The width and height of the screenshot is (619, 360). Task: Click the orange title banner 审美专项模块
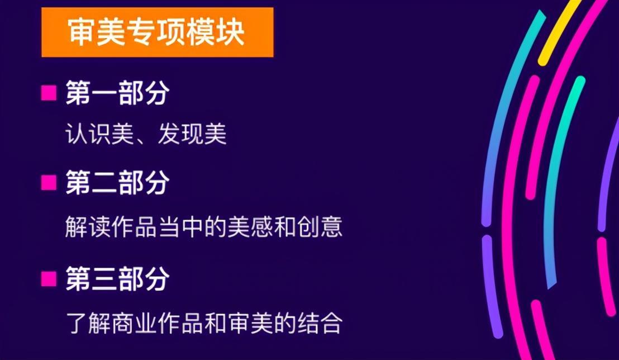pyautogui.click(x=157, y=32)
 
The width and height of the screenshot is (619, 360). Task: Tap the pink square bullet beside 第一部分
pyautogui.click(x=49, y=93)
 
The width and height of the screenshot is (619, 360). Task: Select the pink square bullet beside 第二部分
pyautogui.click(x=49, y=183)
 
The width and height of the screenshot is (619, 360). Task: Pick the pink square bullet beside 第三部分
pyautogui.click(x=49, y=278)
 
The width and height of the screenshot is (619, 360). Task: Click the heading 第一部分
pyautogui.click(x=118, y=93)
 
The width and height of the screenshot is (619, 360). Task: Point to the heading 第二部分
pyautogui.click(x=118, y=183)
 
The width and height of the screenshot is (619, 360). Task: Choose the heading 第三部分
pyautogui.click(x=118, y=278)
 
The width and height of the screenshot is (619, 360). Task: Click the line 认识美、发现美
pyautogui.click(x=146, y=134)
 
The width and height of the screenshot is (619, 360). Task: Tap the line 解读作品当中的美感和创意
pyautogui.click(x=204, y=226)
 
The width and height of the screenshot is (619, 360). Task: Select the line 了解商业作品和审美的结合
pyautogui.click(x=204, y=323)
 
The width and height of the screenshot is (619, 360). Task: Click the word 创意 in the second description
pyautogui.click(x=320, y=226)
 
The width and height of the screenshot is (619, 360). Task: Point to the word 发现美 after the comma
pyautogui.click(x=192, y=134)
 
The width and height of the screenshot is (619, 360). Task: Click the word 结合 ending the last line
pyautogui.click(x=320, y=323)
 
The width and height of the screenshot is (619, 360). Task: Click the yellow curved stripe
pyautogui.click(x=560, y=32)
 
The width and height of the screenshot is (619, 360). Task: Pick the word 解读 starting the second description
pyautogui.click(x=88, y=226)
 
